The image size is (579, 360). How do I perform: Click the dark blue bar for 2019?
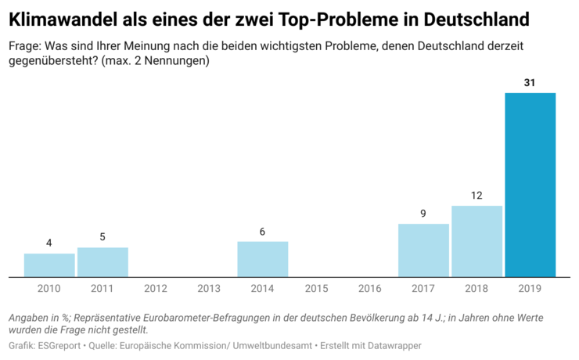pos(530,185)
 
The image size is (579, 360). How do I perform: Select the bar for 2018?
pos(477,241)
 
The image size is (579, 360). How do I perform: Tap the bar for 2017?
pos(423,250)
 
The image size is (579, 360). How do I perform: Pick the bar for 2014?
pos(263,259)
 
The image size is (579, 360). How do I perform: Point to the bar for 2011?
pos(102,262)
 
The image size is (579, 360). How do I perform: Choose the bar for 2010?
pos(49,265)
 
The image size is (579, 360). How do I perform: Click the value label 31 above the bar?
pos(530,82)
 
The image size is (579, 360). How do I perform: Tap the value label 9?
pos(423,213)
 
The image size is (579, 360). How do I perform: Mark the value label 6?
pos(263,231)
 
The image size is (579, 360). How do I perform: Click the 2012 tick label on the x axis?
pos(156,289)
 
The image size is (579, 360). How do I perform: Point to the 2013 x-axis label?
pos(209,289)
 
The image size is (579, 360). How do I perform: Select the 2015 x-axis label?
pos(316,289)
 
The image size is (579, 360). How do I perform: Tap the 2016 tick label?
pos(369,289)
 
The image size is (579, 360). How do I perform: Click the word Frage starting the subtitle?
pos(24,45)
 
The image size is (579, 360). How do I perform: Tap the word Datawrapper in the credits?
pos(394,345)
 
